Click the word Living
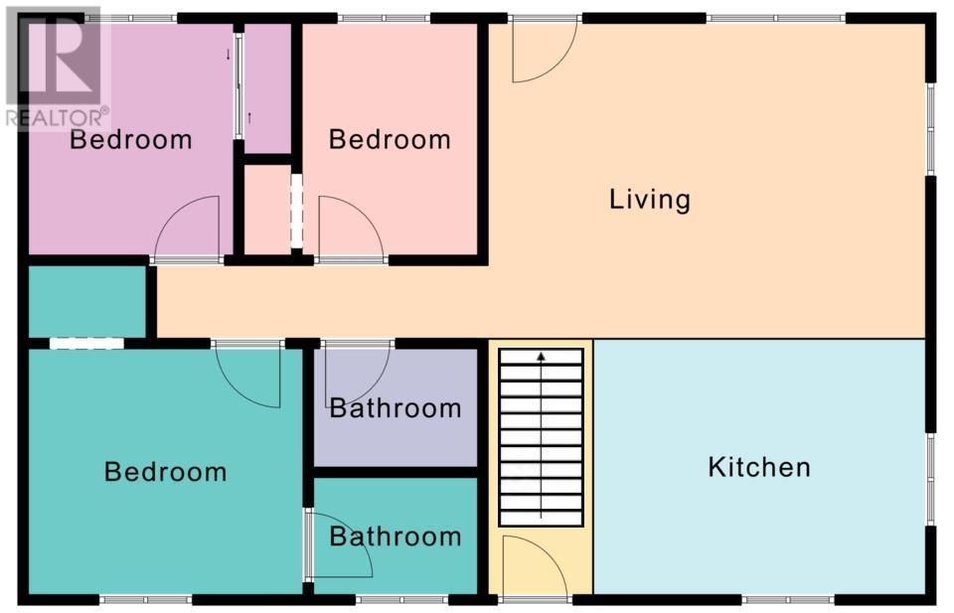(650, 200)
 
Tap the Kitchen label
(759, 467)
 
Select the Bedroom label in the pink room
(390, 139)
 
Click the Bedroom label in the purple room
(131, 139)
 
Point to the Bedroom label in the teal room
(166, 472)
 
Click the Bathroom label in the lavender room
(396, 408)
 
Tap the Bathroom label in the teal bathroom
(396, 536)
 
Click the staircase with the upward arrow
(541, 437)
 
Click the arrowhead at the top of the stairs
(541, 356)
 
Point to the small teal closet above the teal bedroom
(87, 302)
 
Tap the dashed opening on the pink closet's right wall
(296, 211)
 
